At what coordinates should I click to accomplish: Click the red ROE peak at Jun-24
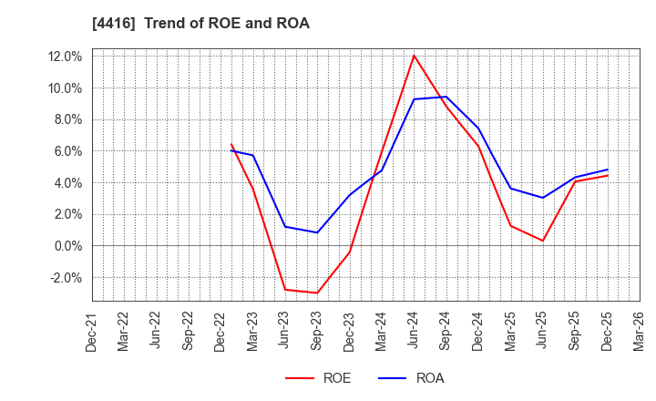[x=414, y=56]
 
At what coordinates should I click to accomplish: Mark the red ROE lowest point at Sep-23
[x=317, y=293]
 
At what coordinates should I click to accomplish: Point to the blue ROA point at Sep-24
[x=446, y=97]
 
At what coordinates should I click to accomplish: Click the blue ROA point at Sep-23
[x=317, y=232]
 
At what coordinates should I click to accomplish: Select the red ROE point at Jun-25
[x=543, y=241]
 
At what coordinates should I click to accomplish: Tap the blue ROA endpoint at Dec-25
[x=608, y=170]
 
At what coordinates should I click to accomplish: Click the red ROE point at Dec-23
[x=350, y=252]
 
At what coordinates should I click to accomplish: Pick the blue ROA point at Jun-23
[x=285, y=227]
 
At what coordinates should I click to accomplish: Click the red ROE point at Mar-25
[x=510, y=225]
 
